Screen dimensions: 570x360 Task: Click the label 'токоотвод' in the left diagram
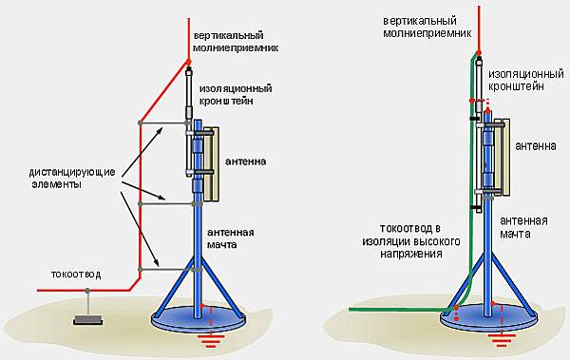(75, 275)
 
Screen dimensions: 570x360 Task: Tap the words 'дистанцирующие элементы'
(72, 178)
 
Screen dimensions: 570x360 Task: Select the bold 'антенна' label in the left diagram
(246, 161)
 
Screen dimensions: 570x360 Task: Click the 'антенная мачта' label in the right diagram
(523, 227)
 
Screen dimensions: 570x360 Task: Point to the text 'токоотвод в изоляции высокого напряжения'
(410, 240)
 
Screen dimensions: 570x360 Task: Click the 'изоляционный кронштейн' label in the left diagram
(236, 95)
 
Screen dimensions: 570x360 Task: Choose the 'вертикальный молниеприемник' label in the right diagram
(427, 27)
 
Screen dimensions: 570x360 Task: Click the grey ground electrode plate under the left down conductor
(88, 320)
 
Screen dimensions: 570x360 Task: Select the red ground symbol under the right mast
(502, 338)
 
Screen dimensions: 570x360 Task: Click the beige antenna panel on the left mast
(211, 164)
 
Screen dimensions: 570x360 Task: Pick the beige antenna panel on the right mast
(502, 157)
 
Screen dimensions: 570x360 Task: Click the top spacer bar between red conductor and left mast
(164, 123)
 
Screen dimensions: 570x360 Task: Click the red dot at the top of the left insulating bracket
(189, 63)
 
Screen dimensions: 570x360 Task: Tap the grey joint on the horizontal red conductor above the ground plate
(87, 291)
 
